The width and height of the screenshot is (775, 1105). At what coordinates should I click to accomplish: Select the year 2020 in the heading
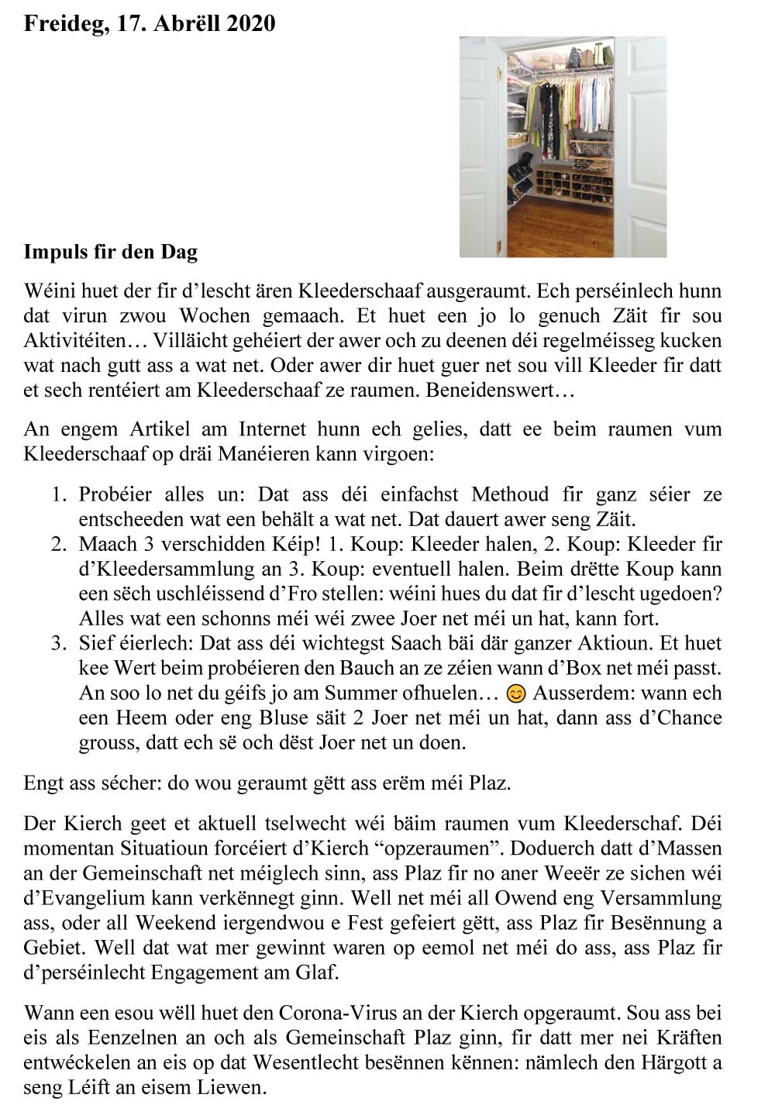tap(250, 24)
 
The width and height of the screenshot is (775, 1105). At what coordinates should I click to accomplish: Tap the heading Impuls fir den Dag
tap(111, 252)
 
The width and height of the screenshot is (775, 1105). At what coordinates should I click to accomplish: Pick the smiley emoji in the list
tap(515, 694)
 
